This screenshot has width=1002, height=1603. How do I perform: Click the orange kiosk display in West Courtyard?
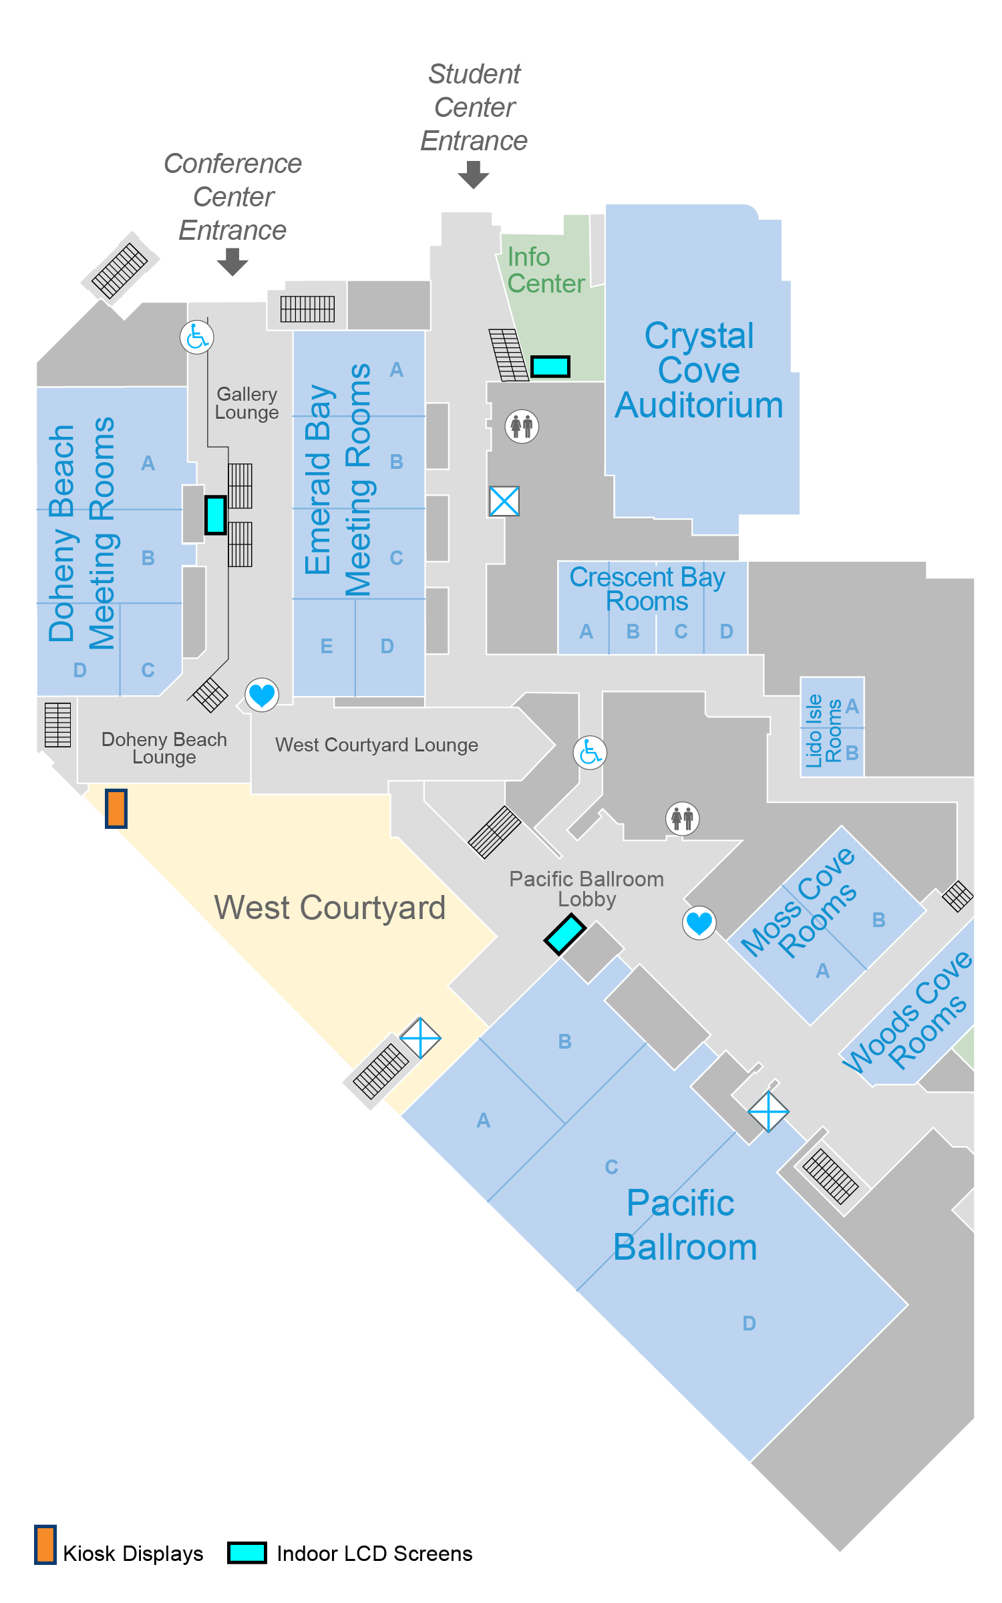tap(116, 808)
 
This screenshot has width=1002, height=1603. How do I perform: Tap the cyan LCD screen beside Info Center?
tap(550, 366)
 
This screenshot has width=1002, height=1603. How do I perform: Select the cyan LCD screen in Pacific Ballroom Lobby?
tap(565, 934)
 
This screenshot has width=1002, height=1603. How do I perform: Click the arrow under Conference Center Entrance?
tap(232, 261)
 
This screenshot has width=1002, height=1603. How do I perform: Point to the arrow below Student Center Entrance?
tap(474, 175)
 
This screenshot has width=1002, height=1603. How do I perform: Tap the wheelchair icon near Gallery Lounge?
tap(197, 337)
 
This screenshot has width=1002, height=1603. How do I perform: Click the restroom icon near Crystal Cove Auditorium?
tap(522, 425)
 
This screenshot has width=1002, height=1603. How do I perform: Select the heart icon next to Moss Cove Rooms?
tap(699, 923)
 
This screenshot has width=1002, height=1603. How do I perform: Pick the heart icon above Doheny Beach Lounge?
tap(262, 695)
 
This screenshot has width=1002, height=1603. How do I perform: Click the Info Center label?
tap(545, 271)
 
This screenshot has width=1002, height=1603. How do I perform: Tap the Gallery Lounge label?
tap(246, 403)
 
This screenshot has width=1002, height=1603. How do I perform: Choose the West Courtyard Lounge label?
tap(377, 745)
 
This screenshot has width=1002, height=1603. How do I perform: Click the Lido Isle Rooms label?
tap(823, 730)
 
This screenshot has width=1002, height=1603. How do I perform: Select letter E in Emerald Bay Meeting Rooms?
tap(326, 646)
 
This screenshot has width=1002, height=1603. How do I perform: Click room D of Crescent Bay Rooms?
tap(726, 631)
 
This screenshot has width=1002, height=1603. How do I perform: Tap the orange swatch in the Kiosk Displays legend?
tap(45, 1544)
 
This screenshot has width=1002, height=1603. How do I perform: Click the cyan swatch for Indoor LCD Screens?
tap(247, 1552)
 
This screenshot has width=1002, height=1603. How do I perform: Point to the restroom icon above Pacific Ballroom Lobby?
tap(683, 818)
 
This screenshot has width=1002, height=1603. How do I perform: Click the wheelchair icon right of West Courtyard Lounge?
tap(590, 753)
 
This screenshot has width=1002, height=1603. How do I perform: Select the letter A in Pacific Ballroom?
tap(483, 1120)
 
